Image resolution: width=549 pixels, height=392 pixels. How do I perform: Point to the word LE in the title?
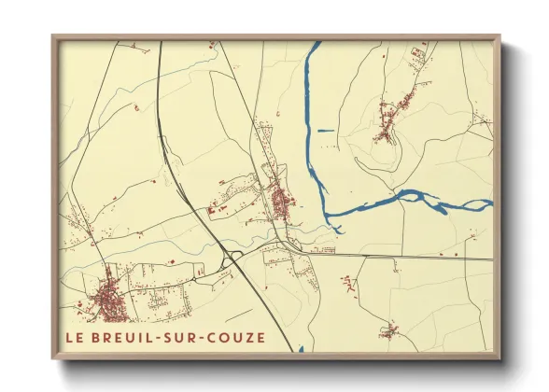pyautogui.click(x=74, y=337)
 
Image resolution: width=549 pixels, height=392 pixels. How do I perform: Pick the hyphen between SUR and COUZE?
pyautogui.click(x=208, y=337)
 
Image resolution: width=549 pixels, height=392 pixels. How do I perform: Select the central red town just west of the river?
pyautogui.click(x=279, y=199)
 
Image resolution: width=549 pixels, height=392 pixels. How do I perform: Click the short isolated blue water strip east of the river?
pyautogui.click(x=325, y=130)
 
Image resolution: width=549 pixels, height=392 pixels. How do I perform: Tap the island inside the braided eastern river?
pyautogui.click(x=411, y=196)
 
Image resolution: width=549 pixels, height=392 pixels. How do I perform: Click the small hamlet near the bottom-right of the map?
pyautogui.click(x=388, y=330)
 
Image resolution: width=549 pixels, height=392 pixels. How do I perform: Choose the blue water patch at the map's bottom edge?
pyautogui.click(x=301, y=350)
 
